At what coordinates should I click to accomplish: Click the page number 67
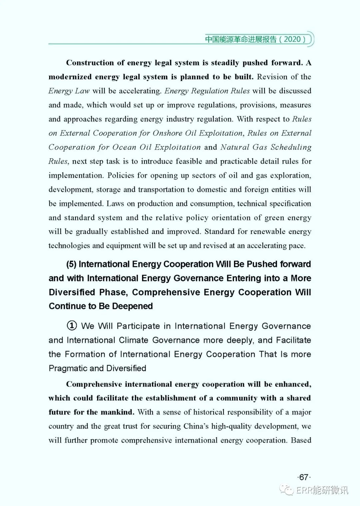coord(304,477)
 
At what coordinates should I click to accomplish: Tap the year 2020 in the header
coord(292,39)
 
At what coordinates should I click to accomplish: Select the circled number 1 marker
coord(72,326)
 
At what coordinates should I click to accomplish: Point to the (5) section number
coord(71,264)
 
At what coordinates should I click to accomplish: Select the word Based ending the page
coord(301,440)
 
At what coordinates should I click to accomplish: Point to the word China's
coord(196,426)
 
